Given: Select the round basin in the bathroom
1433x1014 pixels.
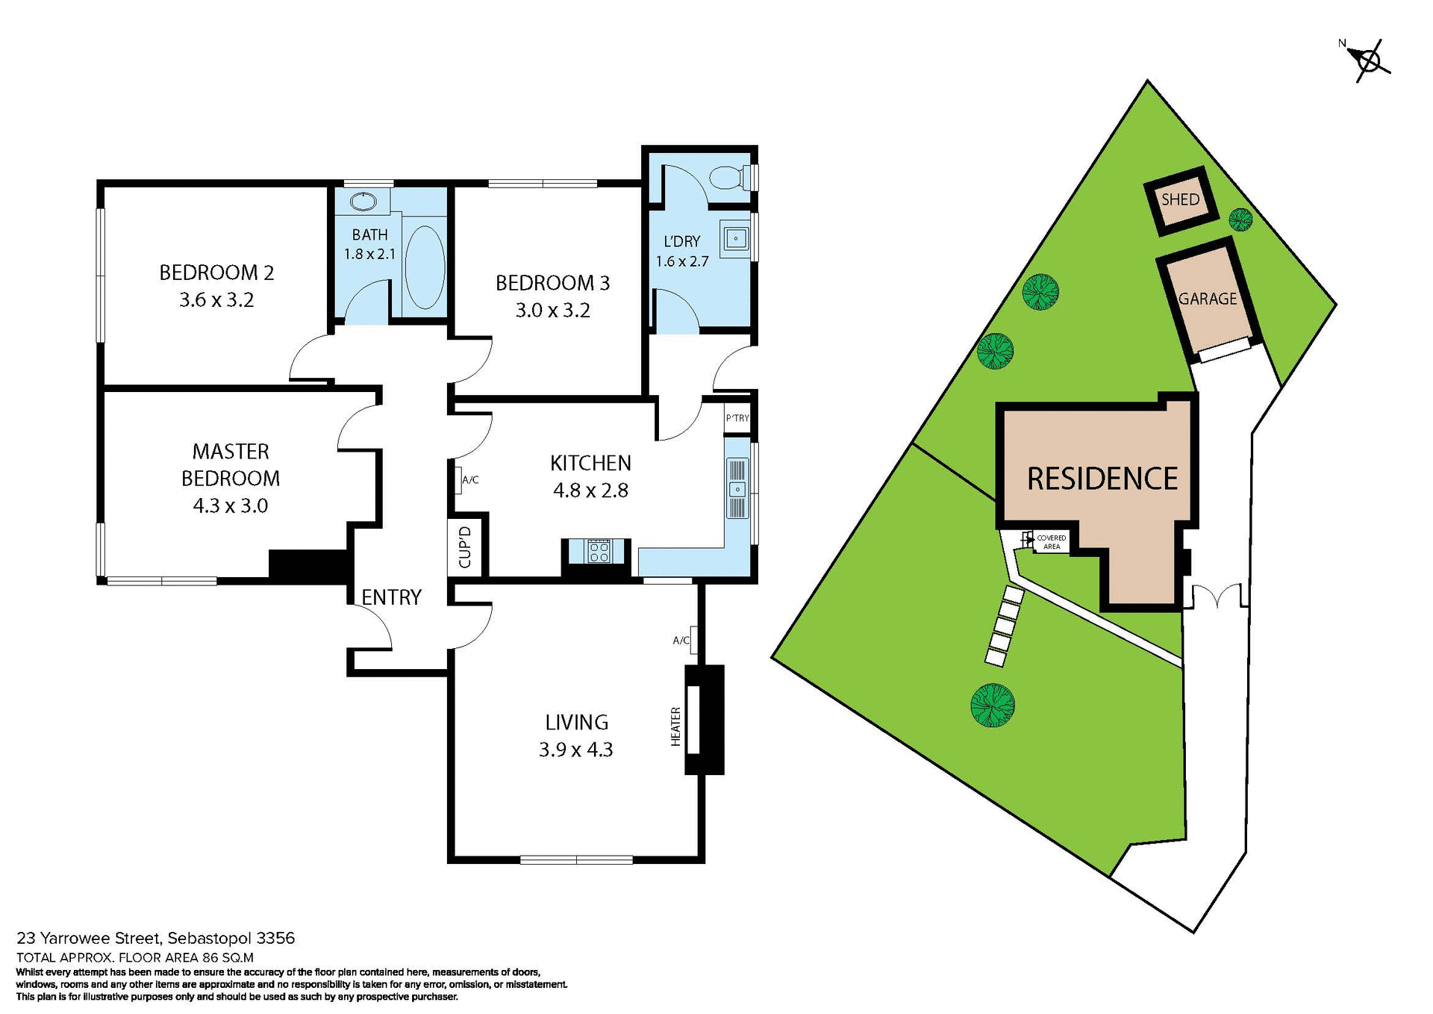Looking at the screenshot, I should pos(363,201).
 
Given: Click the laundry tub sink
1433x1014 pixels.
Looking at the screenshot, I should pos(735,239).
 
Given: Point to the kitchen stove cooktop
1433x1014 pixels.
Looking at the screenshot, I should pos(599,551).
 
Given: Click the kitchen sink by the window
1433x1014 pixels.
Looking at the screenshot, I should pos(737,489).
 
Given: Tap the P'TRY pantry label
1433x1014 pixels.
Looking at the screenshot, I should pos(737,418).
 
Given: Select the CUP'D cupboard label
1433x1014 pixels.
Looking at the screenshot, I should pos(465,547).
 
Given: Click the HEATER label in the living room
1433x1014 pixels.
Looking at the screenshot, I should pos(675,726).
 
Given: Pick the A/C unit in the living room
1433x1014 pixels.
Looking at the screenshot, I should pos(693,639).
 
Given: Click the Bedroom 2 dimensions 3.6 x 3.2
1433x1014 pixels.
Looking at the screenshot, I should pos(216,300).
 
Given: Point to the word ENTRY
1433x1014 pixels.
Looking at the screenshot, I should pos(392,597).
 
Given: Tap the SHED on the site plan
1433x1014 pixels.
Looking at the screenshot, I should pos(1180,199).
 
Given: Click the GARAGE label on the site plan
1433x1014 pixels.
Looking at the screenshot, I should pos(1207,299).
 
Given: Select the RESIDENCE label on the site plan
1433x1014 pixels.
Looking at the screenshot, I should pos(1102,479).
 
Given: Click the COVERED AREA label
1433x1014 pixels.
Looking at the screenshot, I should pos(1051,542).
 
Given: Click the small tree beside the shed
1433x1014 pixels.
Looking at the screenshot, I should pos(1240,219).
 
